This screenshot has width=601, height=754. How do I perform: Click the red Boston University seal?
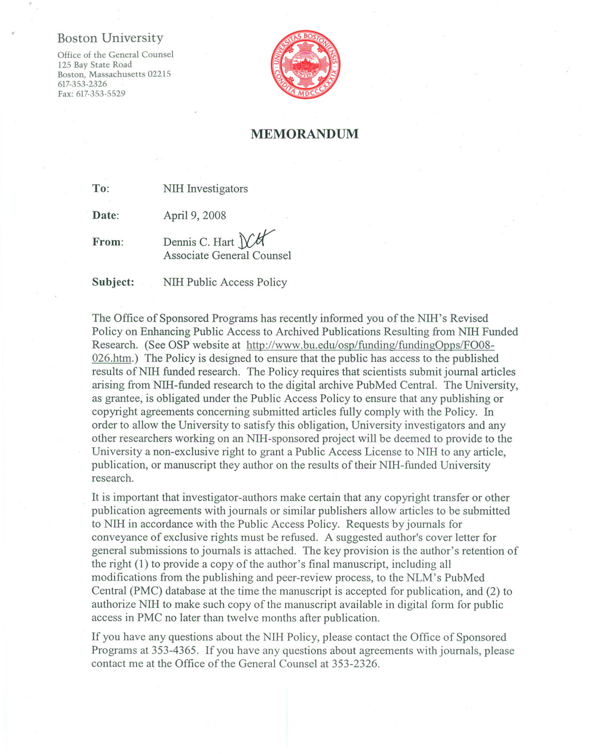click(x=305, y=65)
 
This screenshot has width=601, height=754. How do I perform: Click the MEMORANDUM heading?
click(x=304, y=134)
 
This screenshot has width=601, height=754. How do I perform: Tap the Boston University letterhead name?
click(x=110, y=38)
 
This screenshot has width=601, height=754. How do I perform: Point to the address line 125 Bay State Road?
click(x=94, y=64)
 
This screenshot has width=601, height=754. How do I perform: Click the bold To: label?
click(x=101, y=188)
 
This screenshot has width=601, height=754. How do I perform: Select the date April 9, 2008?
click(x=195, y=215)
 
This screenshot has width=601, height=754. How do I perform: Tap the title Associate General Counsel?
click(x=227, y=255)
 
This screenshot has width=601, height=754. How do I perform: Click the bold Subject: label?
click(x=113, y=282)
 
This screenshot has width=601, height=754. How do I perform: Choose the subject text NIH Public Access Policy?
click(x=225, y=282)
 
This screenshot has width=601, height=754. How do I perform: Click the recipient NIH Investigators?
click(x=205, y=188)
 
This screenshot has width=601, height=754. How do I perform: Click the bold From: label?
click(x=108, y=242)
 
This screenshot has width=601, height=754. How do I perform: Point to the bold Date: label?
click(x=105, y=215)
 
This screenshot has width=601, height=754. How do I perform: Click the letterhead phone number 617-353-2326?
click(x=82, y=84)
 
